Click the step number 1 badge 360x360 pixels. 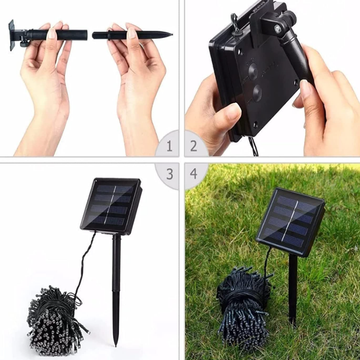point(169,146)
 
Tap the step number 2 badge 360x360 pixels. point(194,146)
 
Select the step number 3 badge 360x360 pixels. point(169,174)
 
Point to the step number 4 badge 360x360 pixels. point(194,174)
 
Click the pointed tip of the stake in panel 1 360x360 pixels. point(171,34)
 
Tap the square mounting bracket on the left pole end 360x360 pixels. point(12,35)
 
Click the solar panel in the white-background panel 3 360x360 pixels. point(111,206)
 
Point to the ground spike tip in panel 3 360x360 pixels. point(116,343)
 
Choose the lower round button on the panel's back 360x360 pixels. point(257,92)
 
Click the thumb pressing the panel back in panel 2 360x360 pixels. point(229,114)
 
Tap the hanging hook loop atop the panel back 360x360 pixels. point(235,23)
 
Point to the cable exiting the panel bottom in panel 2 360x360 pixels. point(253,147)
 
